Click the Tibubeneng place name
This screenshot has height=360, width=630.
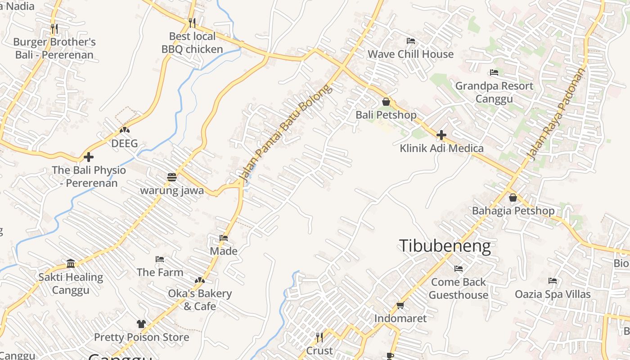coord(445,246)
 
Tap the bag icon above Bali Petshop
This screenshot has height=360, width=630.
coord(386,102)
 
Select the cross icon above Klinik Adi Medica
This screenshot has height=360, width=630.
coord(441,135)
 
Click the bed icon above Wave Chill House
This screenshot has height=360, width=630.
coord(410,41)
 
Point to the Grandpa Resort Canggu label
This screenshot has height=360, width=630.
coord(494,92)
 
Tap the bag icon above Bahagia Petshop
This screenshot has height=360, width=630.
coord(513,198)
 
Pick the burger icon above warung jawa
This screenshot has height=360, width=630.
coord(171,177)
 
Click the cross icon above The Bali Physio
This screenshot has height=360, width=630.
coord(89,157)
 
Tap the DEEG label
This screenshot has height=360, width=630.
coord(124,144)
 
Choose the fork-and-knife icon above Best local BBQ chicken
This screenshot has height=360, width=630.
coord(192,22)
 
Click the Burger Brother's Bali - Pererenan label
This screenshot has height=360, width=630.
coord(54,49)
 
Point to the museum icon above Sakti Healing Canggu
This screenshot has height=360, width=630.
coord(71,263)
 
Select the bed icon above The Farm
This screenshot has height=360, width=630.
coord(160,259)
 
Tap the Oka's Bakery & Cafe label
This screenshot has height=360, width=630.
coord(200,300)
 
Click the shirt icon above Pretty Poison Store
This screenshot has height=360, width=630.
coord(141,324)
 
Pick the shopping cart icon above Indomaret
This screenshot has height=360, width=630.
coord(400,306)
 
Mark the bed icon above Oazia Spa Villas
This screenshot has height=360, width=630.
coord(553,281)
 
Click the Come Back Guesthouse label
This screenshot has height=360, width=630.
coord(458,288)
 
